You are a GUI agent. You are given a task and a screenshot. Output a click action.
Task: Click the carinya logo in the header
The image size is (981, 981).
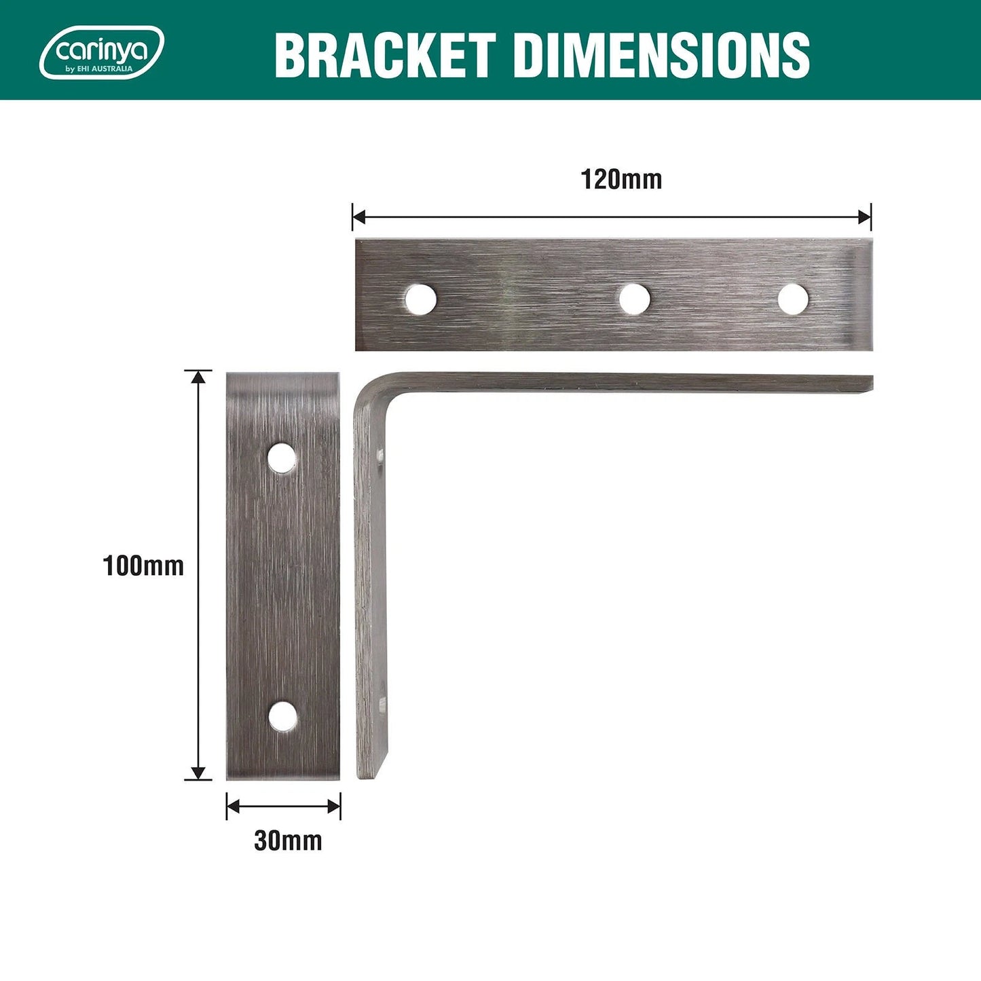click(102, 52)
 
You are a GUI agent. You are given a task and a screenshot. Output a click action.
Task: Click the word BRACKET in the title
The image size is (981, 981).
click(384, 56)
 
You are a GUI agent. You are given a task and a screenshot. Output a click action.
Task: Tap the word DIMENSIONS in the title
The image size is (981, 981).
click(661, 56)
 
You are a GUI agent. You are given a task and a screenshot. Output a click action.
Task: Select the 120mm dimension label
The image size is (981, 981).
click(621, 180)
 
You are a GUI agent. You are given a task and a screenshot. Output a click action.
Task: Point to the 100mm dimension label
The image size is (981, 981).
click(143, 566)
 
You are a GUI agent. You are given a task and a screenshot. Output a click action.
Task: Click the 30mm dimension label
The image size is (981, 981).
click(288, 840)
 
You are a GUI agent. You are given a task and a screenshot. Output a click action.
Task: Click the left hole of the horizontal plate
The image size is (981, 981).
click(420, 299)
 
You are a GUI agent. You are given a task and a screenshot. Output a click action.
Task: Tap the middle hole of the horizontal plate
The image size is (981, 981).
click(634, 299)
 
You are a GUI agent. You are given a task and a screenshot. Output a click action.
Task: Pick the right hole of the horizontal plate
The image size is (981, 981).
click(792, 299)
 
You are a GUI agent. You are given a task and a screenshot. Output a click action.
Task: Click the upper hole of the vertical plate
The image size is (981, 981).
click(282, 458)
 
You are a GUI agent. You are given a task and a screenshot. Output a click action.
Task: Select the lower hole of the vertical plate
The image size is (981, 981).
click(282, 717)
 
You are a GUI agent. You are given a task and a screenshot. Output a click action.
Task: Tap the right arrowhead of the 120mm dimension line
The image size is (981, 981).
click(865, 217)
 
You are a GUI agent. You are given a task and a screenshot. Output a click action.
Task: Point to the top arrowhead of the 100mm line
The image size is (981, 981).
click(198, 377)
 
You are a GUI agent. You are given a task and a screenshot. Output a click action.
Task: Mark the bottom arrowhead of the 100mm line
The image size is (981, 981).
click(198, 773)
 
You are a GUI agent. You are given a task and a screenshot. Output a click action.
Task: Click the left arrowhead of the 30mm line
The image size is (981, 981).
click(233, 807)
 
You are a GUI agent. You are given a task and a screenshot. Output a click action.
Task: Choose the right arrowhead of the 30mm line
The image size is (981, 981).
click(334, 807)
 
